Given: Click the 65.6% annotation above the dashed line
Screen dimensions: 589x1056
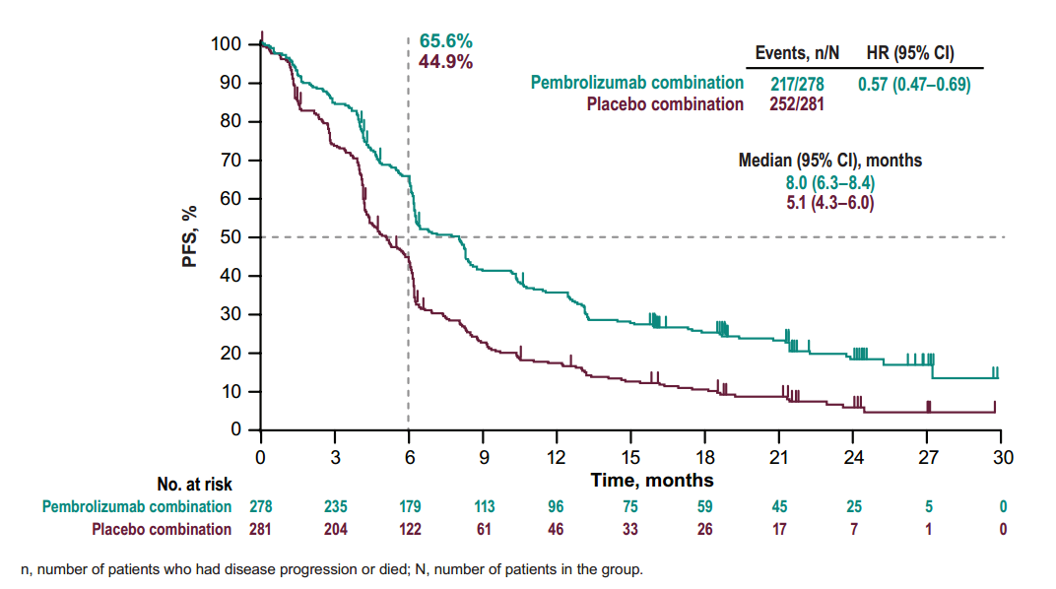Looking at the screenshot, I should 446,41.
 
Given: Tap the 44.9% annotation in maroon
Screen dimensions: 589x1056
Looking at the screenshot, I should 446,61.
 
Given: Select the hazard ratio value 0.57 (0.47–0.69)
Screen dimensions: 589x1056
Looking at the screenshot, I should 914,85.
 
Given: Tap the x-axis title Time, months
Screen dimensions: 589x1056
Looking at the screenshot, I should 652,481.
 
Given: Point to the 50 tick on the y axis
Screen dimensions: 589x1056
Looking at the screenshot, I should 231,237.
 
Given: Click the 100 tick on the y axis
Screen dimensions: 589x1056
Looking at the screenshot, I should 227,44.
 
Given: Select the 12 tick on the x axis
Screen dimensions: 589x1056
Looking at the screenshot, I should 557,458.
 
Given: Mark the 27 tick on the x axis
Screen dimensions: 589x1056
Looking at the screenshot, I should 928,458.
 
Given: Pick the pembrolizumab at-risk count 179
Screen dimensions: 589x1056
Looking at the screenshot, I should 409,507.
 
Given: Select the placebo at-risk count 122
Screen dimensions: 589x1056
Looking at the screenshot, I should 409,529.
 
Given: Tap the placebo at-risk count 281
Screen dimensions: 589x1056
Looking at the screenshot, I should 260,529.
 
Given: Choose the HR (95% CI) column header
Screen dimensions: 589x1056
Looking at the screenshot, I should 909,53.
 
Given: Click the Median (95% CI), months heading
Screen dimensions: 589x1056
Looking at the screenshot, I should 829,161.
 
